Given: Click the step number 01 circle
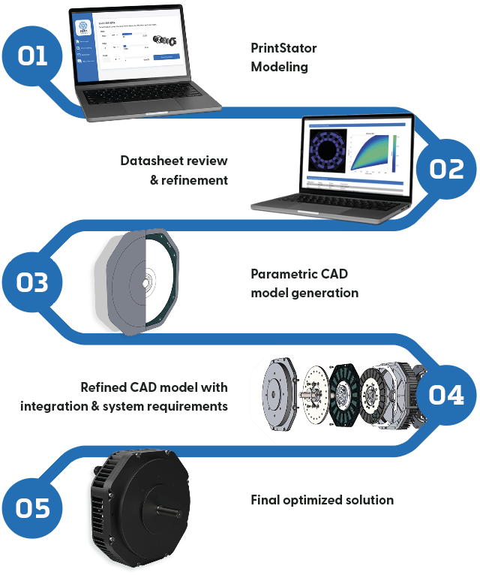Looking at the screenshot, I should (x=33, y=57).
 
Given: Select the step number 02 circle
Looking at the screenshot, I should (x=446, y=169).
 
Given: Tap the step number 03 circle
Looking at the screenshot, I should (x=33, y=282).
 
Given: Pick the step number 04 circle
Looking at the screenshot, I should (x=446, y=395).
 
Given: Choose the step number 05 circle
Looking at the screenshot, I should (x=33, y=508).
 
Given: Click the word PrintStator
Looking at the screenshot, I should (x=283, y=49).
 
